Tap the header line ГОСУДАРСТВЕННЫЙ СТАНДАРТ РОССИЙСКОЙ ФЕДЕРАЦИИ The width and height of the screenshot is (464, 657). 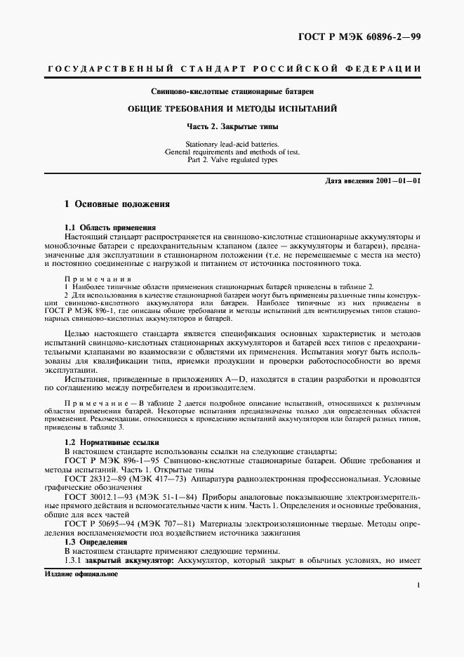tap(232, 69)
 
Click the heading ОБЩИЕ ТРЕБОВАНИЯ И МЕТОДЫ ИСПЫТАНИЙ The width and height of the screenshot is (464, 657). tap(232, 109)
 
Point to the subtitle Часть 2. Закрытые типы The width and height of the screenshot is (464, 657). tap(232, 127)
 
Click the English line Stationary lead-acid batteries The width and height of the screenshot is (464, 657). tap(232, 143)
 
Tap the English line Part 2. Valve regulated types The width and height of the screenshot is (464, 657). tap(232, 159)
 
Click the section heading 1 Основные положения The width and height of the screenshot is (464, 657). tap(117, 204)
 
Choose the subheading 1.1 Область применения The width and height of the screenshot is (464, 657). tap(110, 228)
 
